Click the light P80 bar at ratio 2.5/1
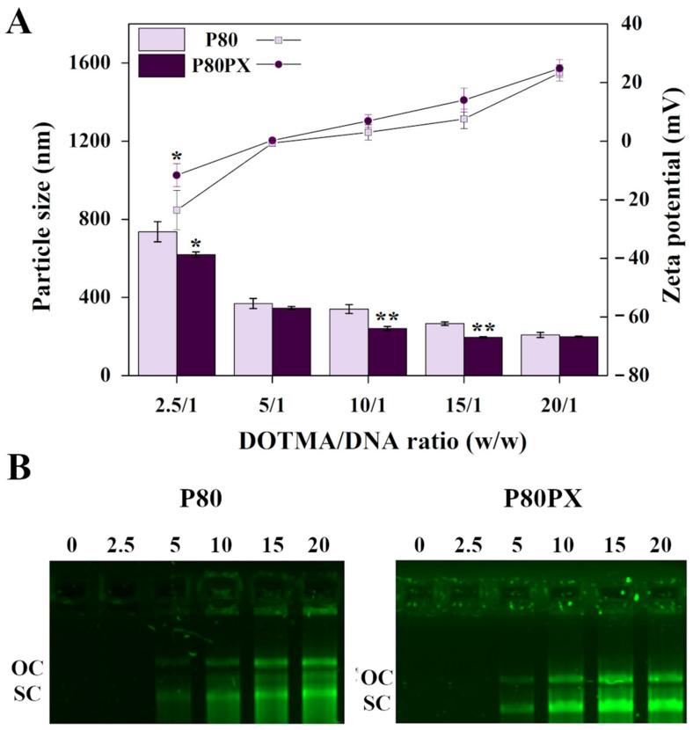point(157,303)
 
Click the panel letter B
point(20,469)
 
